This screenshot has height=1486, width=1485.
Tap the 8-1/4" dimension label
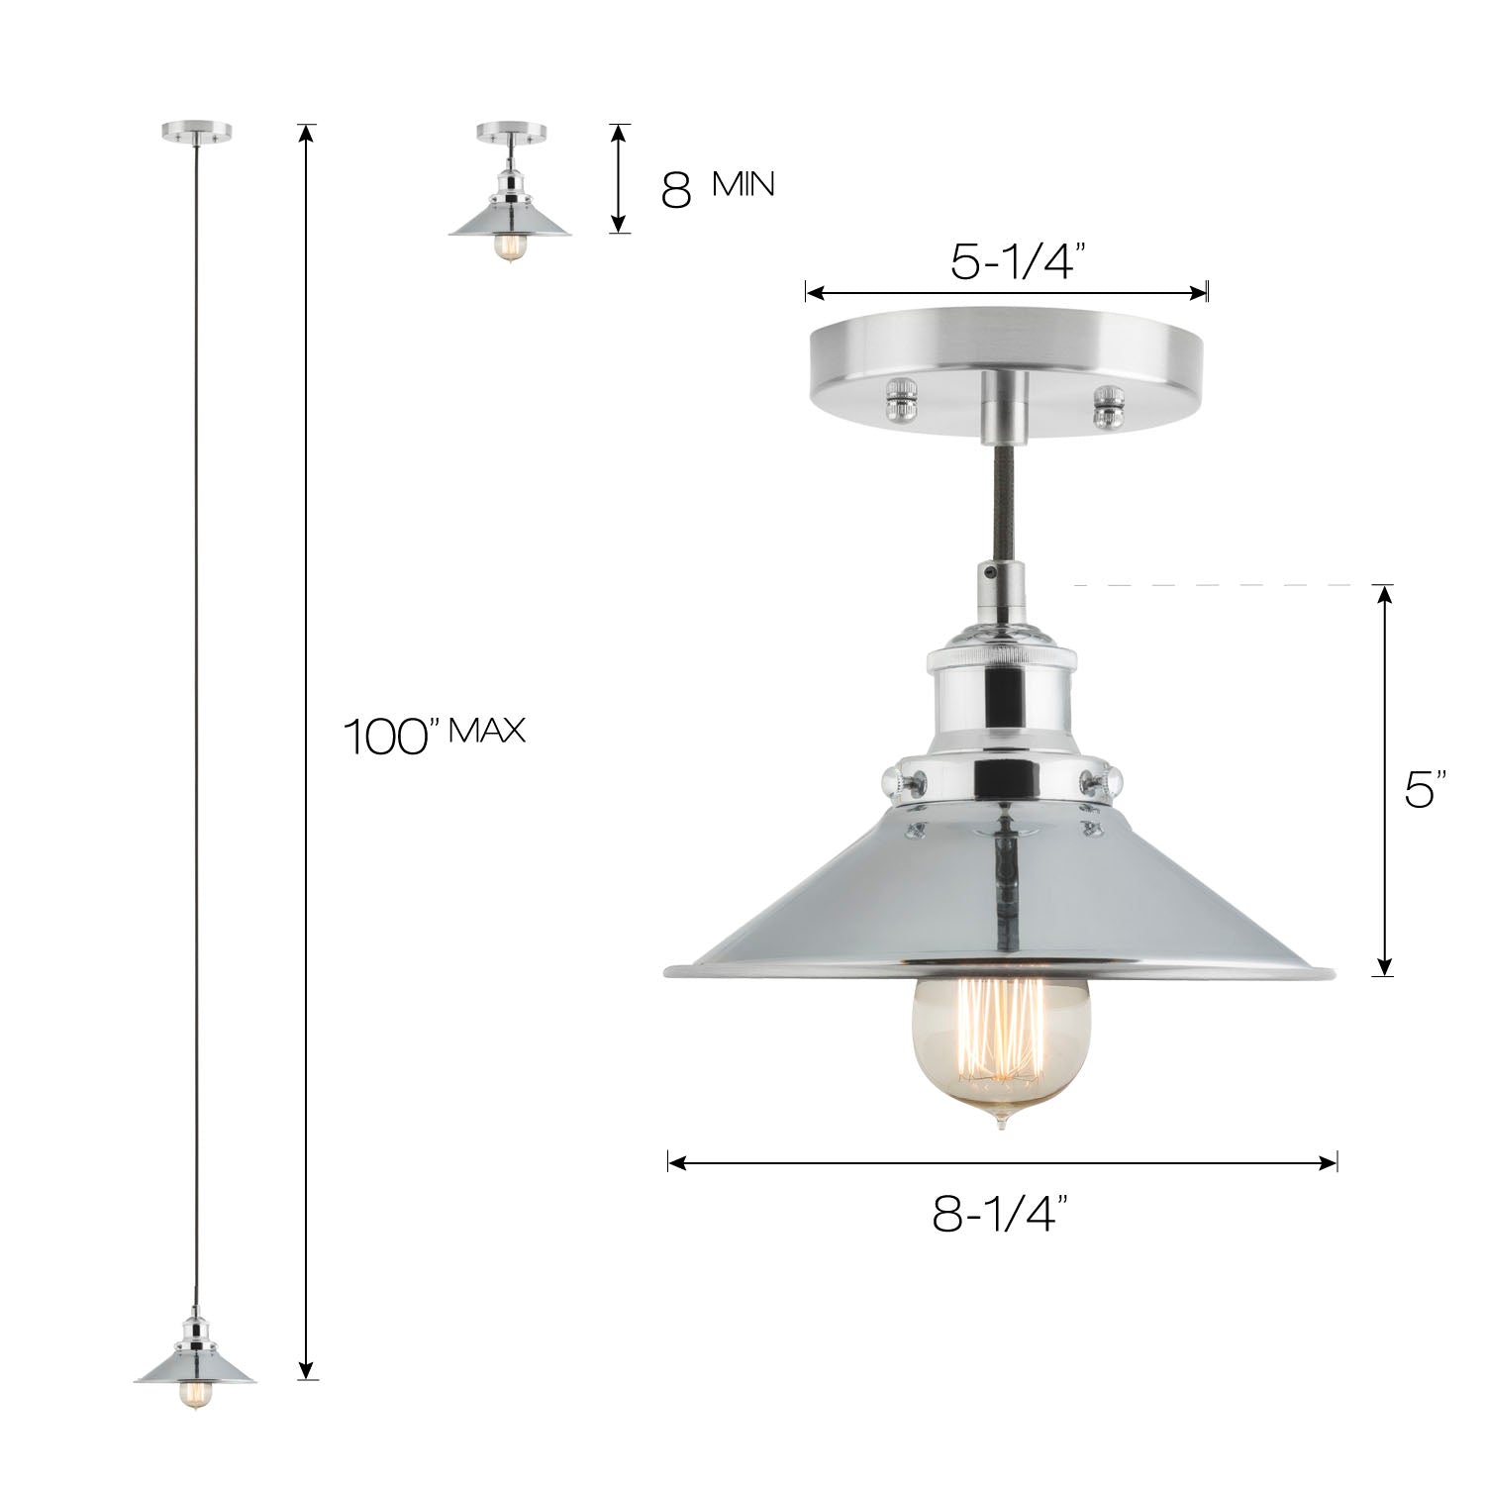(x=1002, y=1215)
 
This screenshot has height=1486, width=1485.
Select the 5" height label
(x=1426, y=792)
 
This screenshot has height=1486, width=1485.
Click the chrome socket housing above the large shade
(x=1001, y=693)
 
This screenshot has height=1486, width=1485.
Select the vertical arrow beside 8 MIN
(x=618, y=178)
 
